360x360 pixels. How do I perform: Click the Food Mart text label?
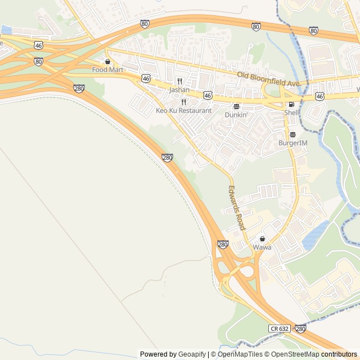tap(107, 70)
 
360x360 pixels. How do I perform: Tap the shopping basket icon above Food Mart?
tap(107, 61)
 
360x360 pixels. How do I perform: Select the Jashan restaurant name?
tap(179, 89)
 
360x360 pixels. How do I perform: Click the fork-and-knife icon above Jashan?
tap(179, 81)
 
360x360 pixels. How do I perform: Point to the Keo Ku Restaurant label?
tap(184, 111)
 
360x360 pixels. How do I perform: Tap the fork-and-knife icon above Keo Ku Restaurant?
tap(184, 102)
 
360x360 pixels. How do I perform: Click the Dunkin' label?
tap(236, 114)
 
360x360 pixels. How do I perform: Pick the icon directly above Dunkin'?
tap(236, 106)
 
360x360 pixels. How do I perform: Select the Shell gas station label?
tap(292, 112)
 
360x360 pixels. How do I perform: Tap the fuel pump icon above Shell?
tap(291, 104)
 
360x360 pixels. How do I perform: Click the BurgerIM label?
tap(293, 143)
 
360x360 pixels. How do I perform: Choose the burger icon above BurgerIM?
tap(293, 134)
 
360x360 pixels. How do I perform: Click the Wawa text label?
tap(262, 247)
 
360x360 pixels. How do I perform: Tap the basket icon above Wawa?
tap(262, 239)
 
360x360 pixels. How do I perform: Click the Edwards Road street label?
tap(237, 208)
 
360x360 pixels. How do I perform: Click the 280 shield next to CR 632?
tap(300, 328)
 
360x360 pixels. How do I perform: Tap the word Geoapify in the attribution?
tap(192, 354)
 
